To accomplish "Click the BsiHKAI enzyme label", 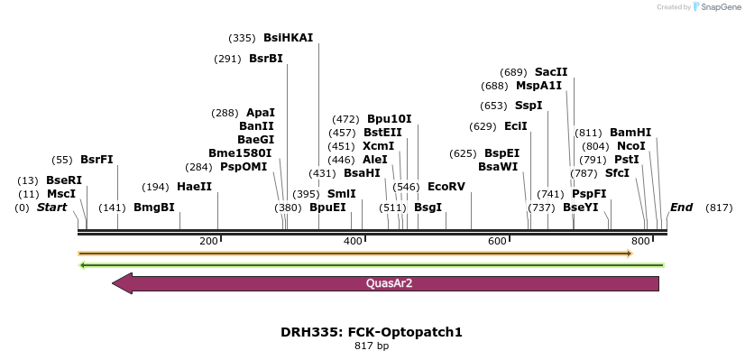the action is [x=288, y=38].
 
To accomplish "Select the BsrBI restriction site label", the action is [x=266, y=59].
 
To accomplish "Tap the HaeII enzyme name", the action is [x=194, y=187].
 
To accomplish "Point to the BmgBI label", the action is [x=154, y=208].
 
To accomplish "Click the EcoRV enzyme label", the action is [x=446, y=187].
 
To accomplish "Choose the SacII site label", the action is [x=551, y=72].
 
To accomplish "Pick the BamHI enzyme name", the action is [x=630, y=132].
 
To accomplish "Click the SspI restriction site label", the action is [x=529, y=106].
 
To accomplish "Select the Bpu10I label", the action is [x=389, y=119].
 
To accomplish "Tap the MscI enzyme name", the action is [x=61, y=194].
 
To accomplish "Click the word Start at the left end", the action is [x=51, y=208].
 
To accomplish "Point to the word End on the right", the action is [x=681, y=208].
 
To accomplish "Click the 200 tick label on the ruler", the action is [x=209, y=241].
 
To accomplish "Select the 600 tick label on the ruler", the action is [x=498, y=241].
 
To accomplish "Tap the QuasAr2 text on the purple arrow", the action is [x=390, y=283].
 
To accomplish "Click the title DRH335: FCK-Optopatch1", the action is [x=372, y=332].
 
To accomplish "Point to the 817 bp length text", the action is [x=372, y=346].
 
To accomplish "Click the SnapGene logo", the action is [x=713, y=7].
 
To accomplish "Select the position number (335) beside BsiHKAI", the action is [x=243, y=38].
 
